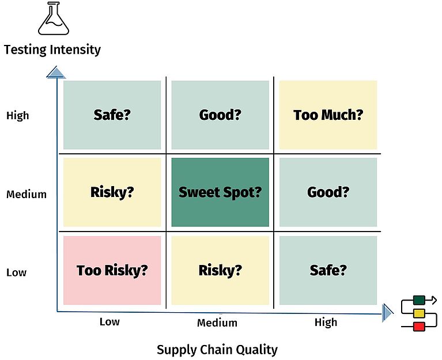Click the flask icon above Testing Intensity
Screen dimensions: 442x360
(x=54, y=18)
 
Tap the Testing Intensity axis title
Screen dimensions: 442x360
(x=52, y=50)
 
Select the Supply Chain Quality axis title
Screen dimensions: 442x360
(x=217, y=350)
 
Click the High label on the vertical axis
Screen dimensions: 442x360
(x=17, y=116)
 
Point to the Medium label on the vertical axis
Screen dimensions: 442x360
(x=26, y=194)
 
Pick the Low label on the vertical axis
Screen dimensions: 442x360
(x=16, y=272)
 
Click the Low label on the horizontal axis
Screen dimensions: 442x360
(x=109, y=321)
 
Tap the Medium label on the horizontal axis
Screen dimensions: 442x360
(x=217, y=323)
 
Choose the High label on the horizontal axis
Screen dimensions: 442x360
(x=326, y=322)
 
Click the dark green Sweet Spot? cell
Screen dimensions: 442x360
(x=220, y=192)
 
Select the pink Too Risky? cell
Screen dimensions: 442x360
(x=112, y=270)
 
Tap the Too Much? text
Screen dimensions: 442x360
(x=328, y=115)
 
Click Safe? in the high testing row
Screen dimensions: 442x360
(x=112, y=115)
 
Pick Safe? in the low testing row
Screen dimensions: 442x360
(x=328, y=270)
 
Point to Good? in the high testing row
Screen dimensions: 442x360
(x=220, y=115)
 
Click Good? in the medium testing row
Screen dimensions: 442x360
(x=328, y=192)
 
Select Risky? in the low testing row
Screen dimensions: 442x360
(x=220, y=270)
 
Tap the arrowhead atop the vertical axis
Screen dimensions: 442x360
(x=56, y=73)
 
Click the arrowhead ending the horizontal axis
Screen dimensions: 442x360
(x=388, y=313)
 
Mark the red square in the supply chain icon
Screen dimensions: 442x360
(x=419, y=327)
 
